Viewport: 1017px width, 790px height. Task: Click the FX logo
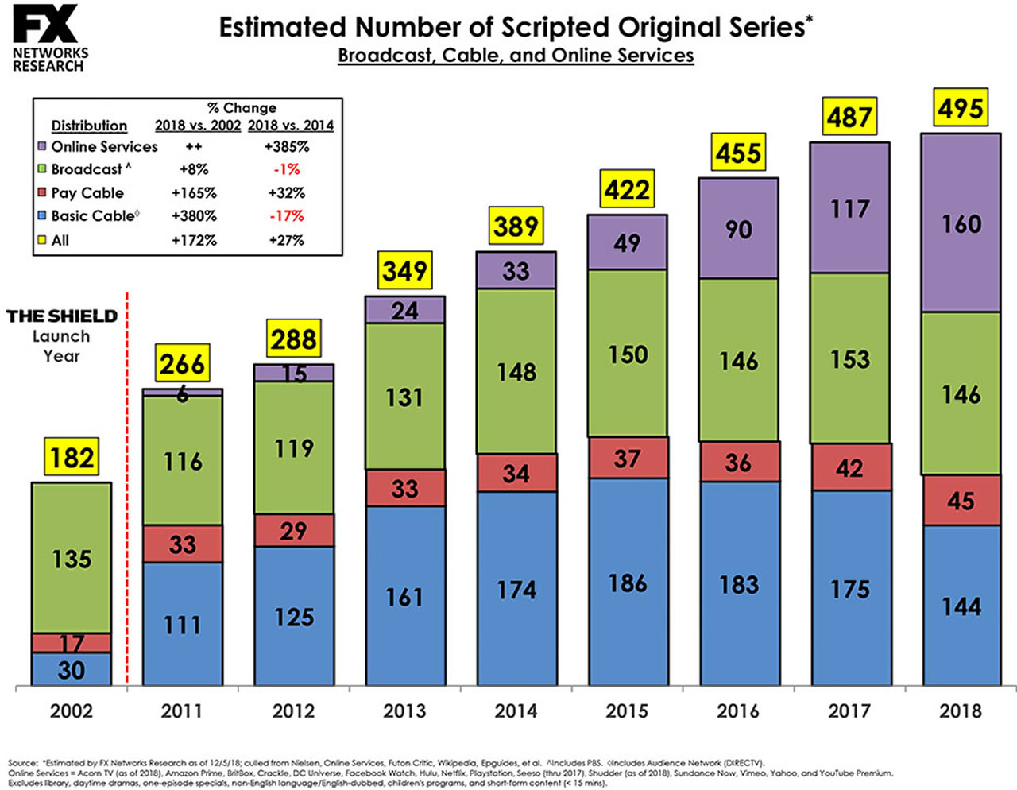pyautogui.click(x=46, y=25)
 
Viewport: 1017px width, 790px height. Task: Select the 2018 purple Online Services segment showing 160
pyautogui.click(x=961, y=223)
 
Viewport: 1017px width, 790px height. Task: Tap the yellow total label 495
pyautogui.click(x=961, y=108)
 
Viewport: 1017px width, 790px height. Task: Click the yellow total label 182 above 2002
pyautogui.click(x=72, y=458)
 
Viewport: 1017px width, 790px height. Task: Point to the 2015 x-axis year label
pyautogui.click(x=627, y=711)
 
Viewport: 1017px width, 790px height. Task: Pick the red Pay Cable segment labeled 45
pyautogui.click(x=961, y=501)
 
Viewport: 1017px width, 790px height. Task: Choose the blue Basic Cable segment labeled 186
pyautogui.click(x=627, y=583)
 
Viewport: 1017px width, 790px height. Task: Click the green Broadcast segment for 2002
pyautogui.click(x=72, y=558)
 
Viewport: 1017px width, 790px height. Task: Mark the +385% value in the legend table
pyautogui.click(x=287, y=147)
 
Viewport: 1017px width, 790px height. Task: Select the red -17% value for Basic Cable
pyautogui.click(x=287, y=216)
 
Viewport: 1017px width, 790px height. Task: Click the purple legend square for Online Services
pyautogui.click(x=42, y=147)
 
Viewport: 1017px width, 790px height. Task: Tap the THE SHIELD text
pyautogui.click(x=62, y=316)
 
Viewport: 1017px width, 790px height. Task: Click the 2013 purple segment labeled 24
pyautogui.click(x=404, y=310)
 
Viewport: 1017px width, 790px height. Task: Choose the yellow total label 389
pyautogui.click(x=516, y=227)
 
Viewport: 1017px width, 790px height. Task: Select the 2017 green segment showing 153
pyautogui.click(x=849, y=359)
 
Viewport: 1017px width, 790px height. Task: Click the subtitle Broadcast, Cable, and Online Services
pyautogui.click(x=516, y=56)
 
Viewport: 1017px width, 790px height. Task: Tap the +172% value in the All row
pyautogui.click(x=194, y=240)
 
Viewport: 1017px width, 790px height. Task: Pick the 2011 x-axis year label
pyautogui.click(x=182, y=711)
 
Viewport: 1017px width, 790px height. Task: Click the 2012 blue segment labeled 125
pyautogui.click(x=293, y=617)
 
